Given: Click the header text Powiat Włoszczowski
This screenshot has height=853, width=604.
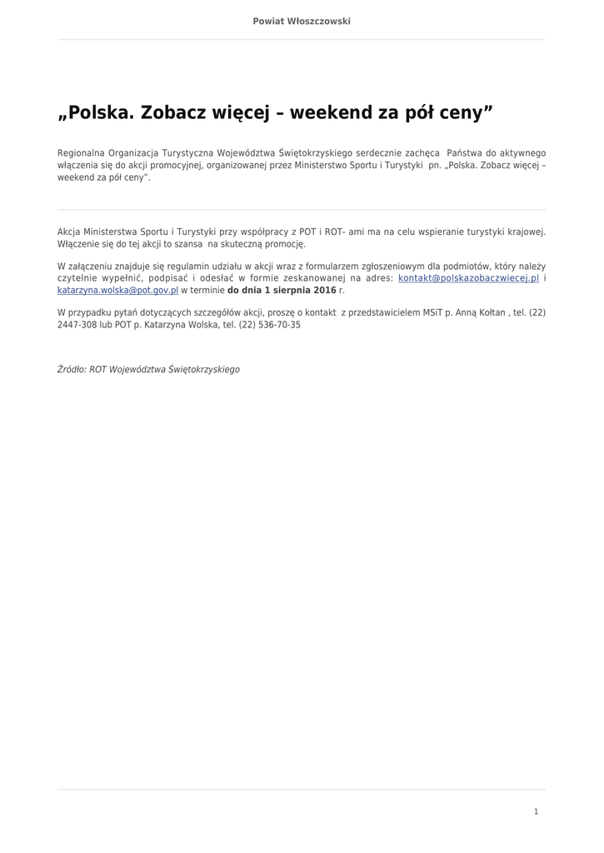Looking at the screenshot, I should (x=302, y=21).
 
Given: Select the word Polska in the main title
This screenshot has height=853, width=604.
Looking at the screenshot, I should (x=97, y=113).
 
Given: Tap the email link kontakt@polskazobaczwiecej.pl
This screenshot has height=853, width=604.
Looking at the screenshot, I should (x=469, y=278).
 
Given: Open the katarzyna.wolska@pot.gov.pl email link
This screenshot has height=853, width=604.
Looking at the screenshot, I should (x=117, y=290).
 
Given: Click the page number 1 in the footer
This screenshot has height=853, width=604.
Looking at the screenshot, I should (x=536, y=811).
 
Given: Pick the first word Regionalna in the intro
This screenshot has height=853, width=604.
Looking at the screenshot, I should (x=82, y=153).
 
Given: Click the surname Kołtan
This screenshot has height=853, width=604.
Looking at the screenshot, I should (x=492, y=312).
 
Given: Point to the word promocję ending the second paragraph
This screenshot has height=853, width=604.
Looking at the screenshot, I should (x=286, y=244).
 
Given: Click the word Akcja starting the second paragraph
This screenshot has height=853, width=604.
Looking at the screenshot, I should (x=70, y=232).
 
